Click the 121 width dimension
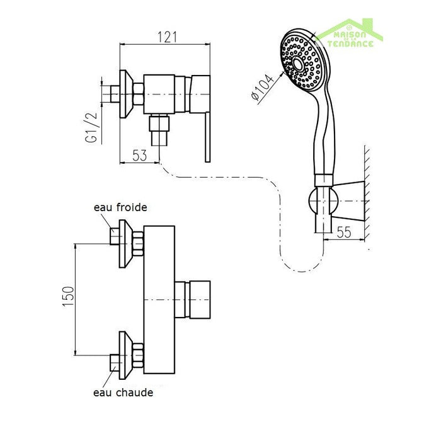tap(168, 37)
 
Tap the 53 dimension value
tap(140, 155)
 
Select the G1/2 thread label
tap(91, 128)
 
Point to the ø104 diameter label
tap(263, 87)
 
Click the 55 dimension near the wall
tap(344, 232)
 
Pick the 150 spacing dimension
tap(68, 297)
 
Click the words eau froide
tap(120, 207)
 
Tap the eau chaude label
tap(123, 392)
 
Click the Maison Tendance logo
tap(350, 33)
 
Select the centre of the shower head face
tap(297, 63)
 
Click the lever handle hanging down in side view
tap(207, 137)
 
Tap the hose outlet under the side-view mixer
tap(159, 130)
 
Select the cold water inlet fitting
tap(127, 244)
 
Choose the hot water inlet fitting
tap(127, 355)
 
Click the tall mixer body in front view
tap(159, 299)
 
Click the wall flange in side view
tap(125, 94)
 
